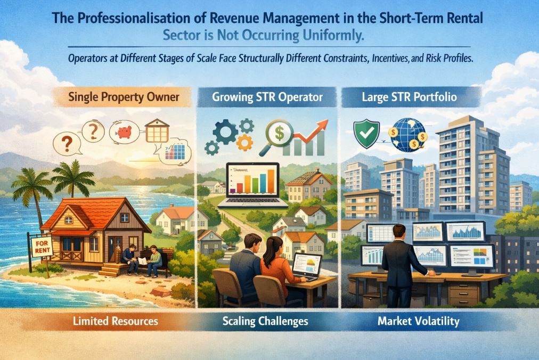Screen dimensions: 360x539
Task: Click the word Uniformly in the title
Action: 334,38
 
